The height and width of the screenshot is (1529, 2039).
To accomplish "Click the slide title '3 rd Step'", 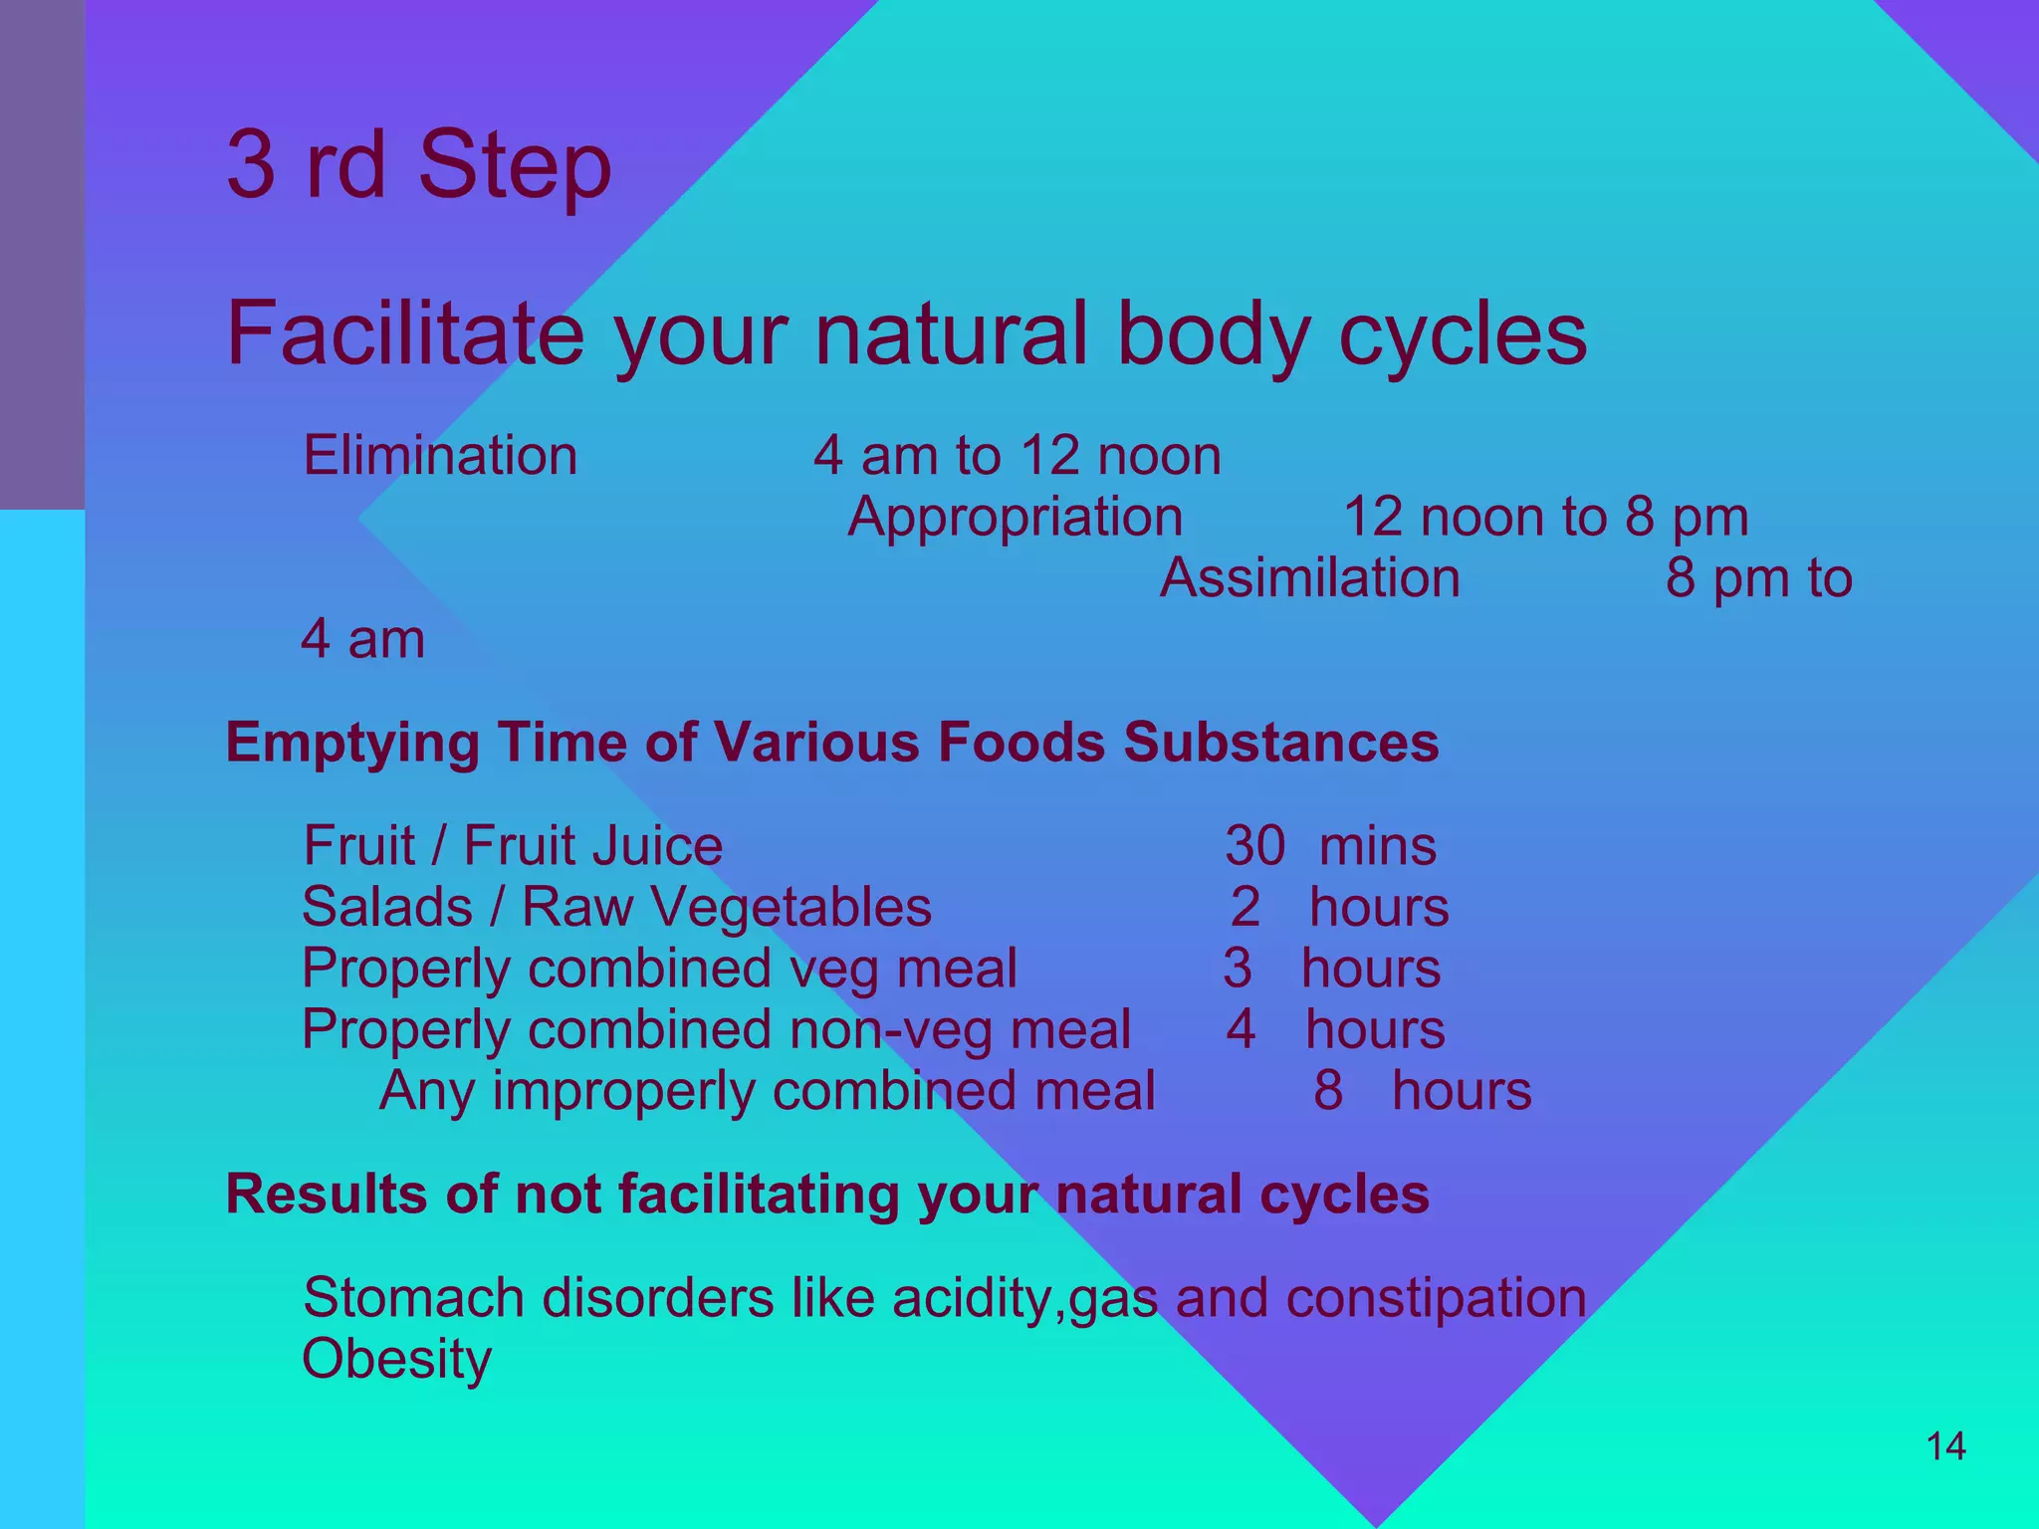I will click(418, 165).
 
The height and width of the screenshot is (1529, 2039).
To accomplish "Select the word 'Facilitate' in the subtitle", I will click(405, 334).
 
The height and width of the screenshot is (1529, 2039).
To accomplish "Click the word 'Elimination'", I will click(440, 456).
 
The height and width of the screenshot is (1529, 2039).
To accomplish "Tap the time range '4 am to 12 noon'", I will click(1017, 456).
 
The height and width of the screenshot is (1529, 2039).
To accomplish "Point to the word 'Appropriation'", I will click(1015, 518).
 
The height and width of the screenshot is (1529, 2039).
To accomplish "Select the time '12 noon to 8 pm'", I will click(1545, 518).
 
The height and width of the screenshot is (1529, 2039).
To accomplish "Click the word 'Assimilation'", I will click(1309, 578).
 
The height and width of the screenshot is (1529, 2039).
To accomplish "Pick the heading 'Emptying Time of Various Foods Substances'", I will click(831, 743).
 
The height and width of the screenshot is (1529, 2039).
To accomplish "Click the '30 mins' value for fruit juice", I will click(1330, 846).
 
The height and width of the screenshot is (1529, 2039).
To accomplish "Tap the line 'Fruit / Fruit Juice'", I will click(513, 846).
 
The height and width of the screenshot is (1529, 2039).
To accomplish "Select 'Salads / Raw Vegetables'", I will click(616, 908).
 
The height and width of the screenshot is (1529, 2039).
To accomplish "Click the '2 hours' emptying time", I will click(1339, 908).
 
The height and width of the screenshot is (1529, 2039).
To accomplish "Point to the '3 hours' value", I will click(1331, 969).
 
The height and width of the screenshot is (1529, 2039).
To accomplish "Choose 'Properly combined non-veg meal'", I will click(716, 1030).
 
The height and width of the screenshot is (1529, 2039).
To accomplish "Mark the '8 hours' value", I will click(1422, 1091).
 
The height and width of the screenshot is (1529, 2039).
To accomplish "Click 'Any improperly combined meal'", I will click(767, 1091).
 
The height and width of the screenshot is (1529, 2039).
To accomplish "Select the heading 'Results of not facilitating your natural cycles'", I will click(826, 1195).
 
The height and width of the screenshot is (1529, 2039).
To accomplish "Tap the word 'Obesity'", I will click(396, 1360).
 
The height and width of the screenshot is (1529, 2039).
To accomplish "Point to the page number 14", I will click(1945, 1446).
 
